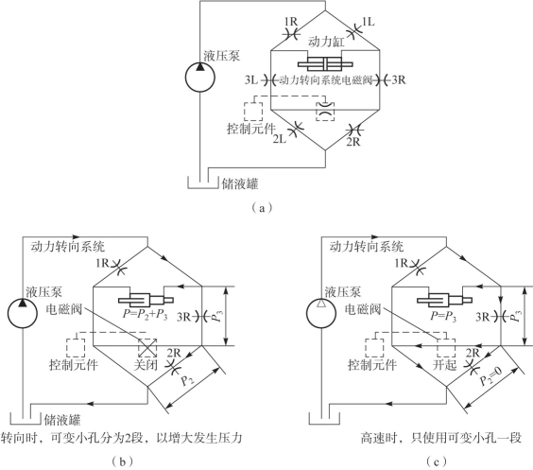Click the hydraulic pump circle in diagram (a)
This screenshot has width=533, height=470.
(186, 78)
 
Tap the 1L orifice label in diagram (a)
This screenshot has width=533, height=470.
(369, 22)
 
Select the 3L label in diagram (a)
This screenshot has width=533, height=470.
(251, 80)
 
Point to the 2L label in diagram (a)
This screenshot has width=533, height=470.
(280, 139)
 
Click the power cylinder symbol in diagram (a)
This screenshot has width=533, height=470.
(325, 64)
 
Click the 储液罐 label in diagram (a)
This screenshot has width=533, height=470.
(240, 184)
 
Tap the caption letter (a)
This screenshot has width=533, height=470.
(261, 207)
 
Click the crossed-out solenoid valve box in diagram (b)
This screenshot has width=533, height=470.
(147, 348)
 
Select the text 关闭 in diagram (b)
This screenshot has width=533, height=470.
(146, 365)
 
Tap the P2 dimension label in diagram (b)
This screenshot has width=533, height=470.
(187, 380)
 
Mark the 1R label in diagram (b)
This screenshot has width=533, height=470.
(102, 263)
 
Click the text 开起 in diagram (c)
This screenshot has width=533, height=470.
(444, 365)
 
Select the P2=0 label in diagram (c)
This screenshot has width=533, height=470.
(490, 375)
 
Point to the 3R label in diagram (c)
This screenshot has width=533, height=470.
(482, 317)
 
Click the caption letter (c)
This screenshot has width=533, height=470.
(436, 461)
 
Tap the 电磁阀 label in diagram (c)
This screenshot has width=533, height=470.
(363, 309)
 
